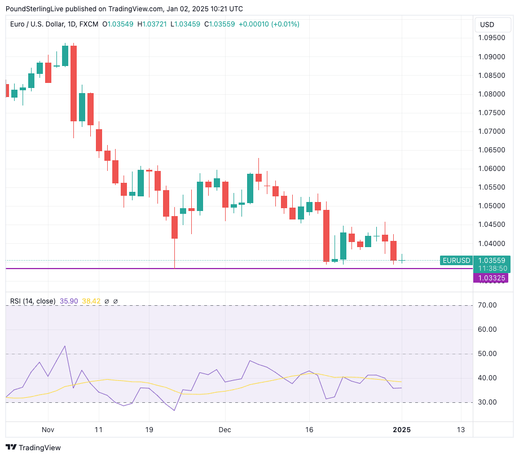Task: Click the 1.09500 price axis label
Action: tap(492, 38)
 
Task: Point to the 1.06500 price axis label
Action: tap(492, 150)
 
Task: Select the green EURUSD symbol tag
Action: tap(456, 261)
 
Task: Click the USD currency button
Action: tap(487, 24)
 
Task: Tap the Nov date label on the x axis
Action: tap(47, 429)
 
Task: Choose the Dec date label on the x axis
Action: tap(225, 429)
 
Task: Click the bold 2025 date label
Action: tap(401, 429)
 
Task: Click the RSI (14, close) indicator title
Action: tap(33, 301)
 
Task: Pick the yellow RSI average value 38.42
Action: tap(91, 301)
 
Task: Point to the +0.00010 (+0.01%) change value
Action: tap(269, 24)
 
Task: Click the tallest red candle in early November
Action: tap(73, 84)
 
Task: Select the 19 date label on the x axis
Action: tap(149, 429)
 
